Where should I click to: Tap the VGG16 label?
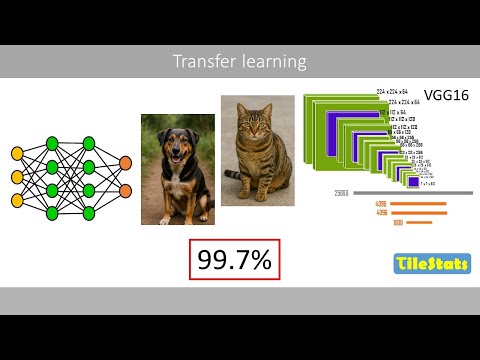[x=441, y=98]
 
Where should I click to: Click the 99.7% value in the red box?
[x=234, y=261]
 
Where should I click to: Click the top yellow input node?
[x=17, y=153]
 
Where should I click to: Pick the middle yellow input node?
[x=17, y=177]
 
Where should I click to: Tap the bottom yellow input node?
[x=17, y=200]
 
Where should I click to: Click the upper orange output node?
[x=125, y=163]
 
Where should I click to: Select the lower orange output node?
[x=125, y=190]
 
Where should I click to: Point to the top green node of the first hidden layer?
[x=52, y=142]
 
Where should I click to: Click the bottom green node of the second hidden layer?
[x=88, y=212]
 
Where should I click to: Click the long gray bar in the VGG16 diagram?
[x=410, y=192]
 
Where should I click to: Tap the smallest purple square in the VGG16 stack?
[x=413, y=181]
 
